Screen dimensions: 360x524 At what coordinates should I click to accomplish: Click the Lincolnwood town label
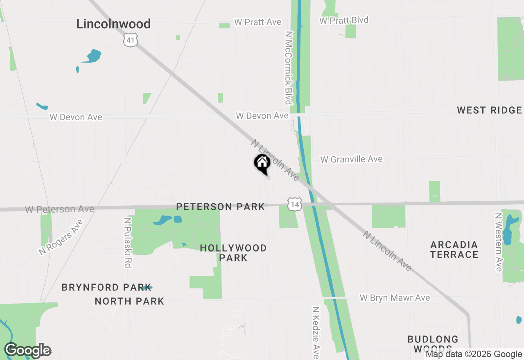click(x=113, y=24)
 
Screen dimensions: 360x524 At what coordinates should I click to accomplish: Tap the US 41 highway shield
click(x=130, y=40)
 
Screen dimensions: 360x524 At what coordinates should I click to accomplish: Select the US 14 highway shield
click(x=294, y=204)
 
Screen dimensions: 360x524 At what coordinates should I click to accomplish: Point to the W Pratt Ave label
click(x=258, y=22)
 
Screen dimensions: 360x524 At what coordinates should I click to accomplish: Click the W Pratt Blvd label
click(x=344, y=20)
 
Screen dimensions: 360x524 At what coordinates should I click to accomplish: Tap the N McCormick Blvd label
click(x=289, y=67)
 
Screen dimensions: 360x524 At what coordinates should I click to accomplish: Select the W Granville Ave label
click(x=351, y=159)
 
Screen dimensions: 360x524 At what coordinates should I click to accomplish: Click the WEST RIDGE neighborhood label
click(x=489, y=110)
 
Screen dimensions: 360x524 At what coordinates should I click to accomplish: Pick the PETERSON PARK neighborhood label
click(x=221, y=207)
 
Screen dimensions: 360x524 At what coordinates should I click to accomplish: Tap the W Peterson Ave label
click(x=60, y=209)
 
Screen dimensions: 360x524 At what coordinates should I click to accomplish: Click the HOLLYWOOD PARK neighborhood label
click(x=233, y=253)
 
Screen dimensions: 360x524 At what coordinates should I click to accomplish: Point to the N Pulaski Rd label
click(x=128, y=243)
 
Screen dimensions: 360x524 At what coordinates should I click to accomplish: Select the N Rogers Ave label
click(x=61, y=237)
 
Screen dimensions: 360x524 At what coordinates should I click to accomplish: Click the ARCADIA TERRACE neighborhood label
click(x=454, y=250)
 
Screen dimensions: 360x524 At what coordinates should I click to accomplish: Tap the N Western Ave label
click(x=498, y=242)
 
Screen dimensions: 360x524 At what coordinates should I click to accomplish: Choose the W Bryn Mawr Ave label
click(x=395, y=298)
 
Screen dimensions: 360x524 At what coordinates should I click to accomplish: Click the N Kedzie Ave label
click(x=316, y=333)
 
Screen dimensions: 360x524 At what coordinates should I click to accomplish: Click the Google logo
click(x=27, y=351)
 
